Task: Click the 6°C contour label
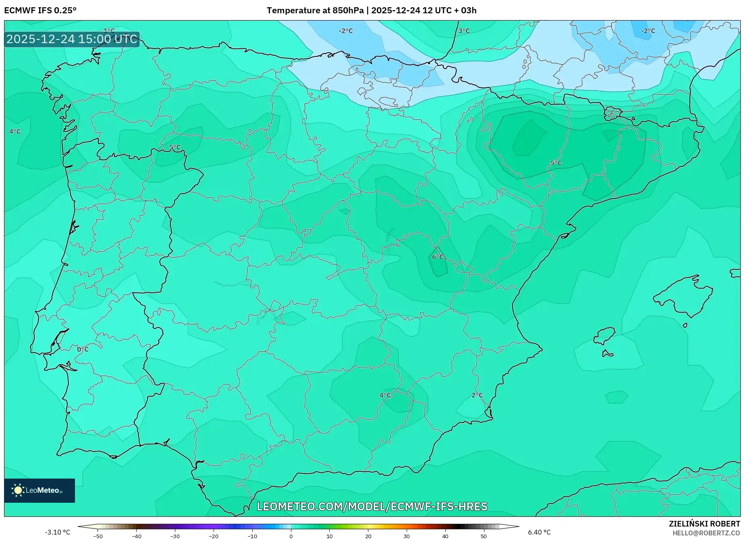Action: click(438, 257)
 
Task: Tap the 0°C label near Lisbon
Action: click(83, 349)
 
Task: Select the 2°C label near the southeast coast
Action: click(477, 395)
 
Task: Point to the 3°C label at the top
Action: click(464, 31)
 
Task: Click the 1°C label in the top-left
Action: click(109, 31)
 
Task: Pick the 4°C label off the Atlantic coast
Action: click(15, 131)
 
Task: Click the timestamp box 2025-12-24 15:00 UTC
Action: click(72, 39)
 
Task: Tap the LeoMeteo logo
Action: click(39, 490)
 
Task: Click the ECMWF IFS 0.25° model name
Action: click(40, 10)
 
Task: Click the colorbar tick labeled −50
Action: click(98, 536)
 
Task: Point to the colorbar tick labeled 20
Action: click(368, 536)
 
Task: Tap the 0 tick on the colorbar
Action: click(291, 536)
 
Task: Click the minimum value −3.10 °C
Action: click(57, 532)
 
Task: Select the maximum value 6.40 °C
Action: click(539, 532)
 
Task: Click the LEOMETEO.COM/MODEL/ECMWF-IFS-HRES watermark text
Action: click(372, 506)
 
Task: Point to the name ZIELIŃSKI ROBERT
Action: click(704, 524)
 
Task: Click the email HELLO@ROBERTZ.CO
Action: click(706, 533)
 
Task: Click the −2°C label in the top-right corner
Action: click(648, 31)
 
